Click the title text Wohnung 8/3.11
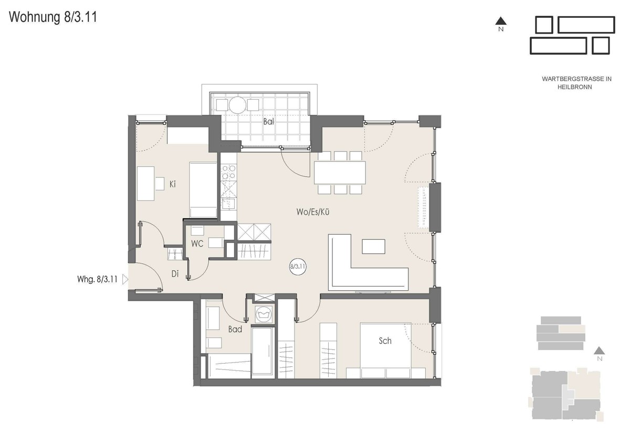[x=53, y=17]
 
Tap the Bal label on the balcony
[x=268, y=121]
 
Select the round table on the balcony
[x=237, y=105]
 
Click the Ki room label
[x=172, y=184]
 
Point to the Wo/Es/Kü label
[x=313, y=211]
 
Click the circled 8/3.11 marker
[x=298, y=266]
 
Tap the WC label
[x=197, y=243]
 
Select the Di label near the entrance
[x=175, y=273]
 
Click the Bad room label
[x=235, y=329]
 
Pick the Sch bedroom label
[x=385, y=341]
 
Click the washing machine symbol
[x=264, y=314]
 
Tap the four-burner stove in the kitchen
[x=228, y=172]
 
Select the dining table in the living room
[x=340, y=172]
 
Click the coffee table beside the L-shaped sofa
[x=373, y=247]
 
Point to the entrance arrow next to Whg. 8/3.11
[x=125, y=279]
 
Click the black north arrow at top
[x=501, y=21]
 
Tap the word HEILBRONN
[x=574, y=87]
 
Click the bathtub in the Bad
[x=262, y=351]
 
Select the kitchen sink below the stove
[x=228, y=204]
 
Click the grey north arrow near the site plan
[x=599, y=350]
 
